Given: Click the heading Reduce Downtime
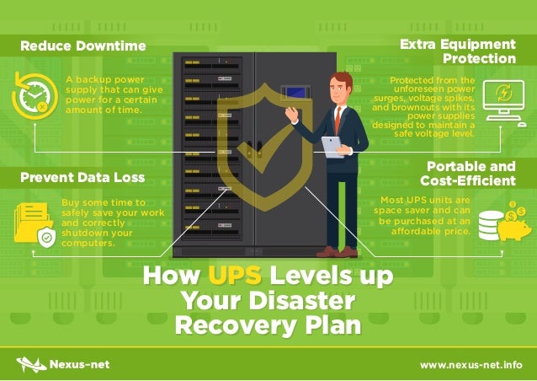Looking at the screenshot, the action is [82, 45].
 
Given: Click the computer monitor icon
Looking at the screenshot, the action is [507, 99].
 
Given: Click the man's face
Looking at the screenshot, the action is [339, 87].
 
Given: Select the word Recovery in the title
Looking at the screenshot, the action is [218, 325].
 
